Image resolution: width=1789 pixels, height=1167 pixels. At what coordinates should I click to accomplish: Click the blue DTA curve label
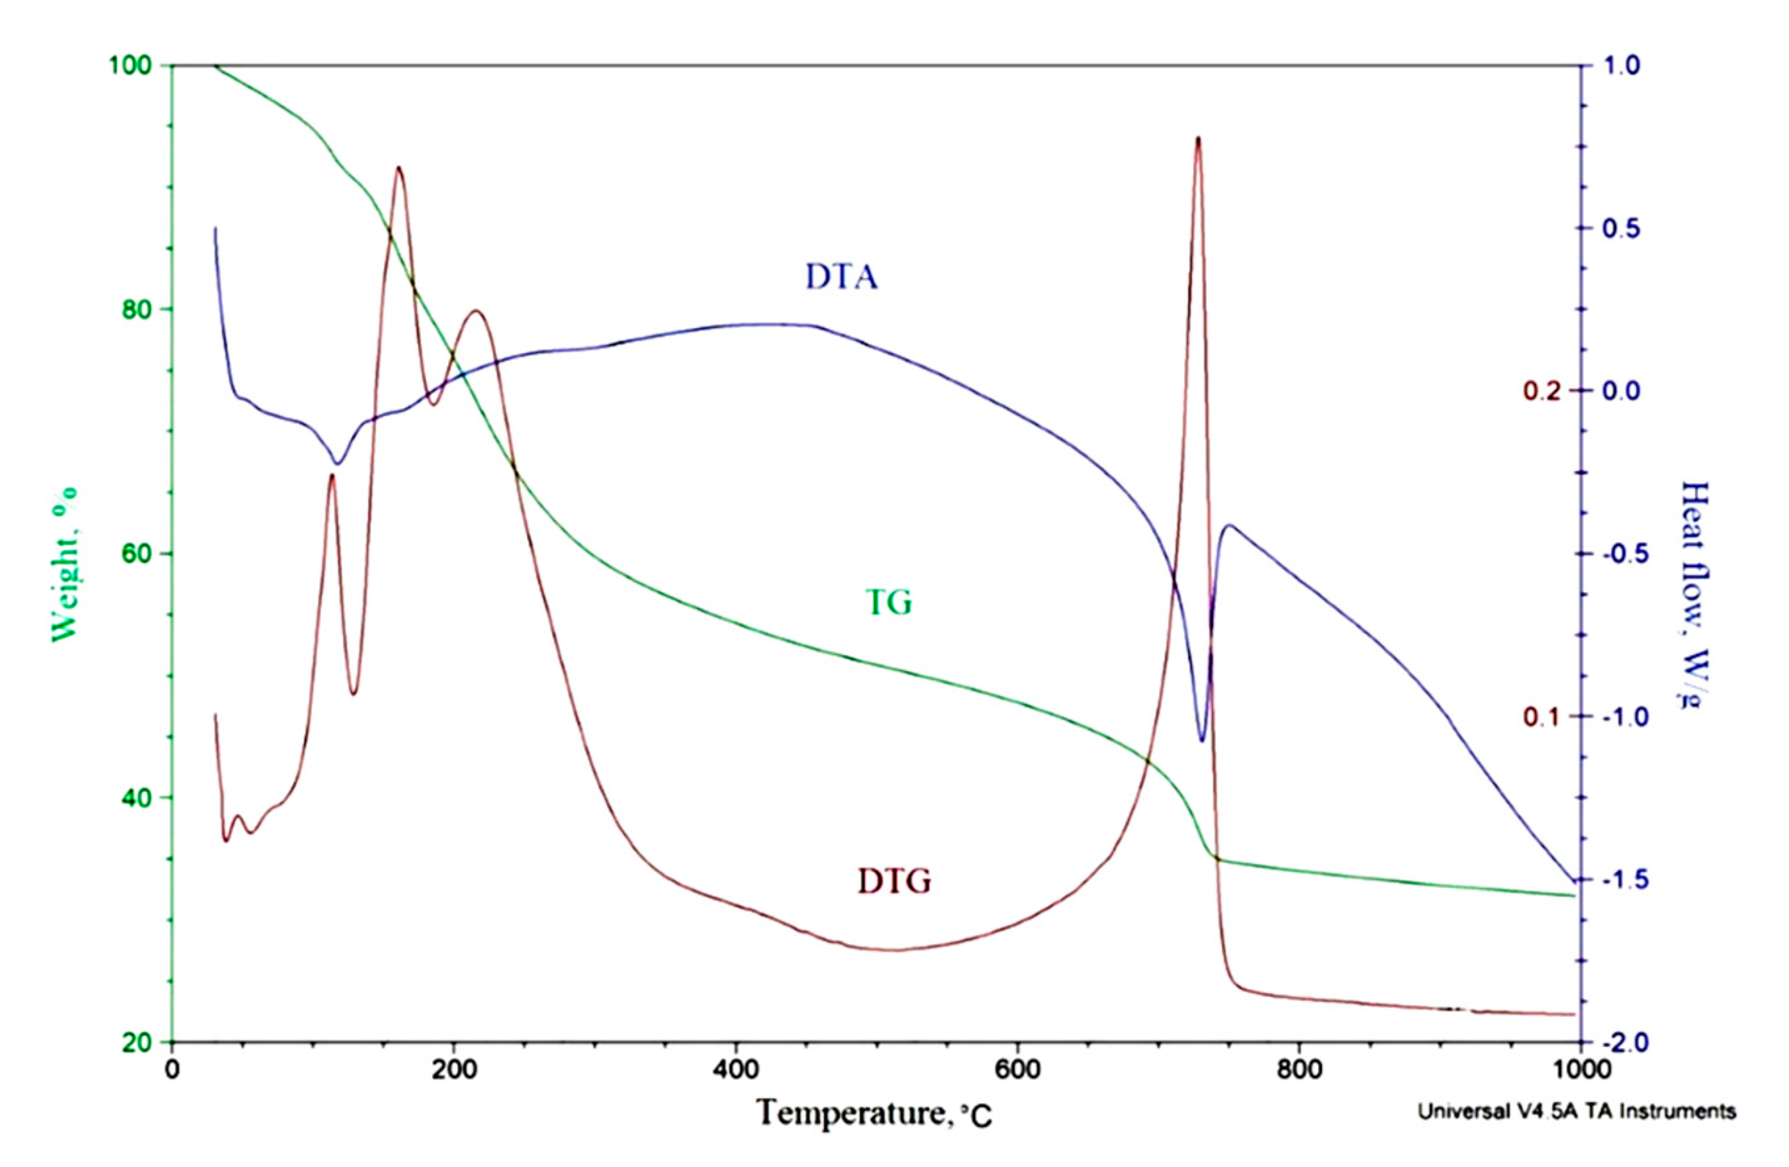click(841, 277)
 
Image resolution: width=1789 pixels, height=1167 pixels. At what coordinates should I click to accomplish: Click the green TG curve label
click(889, 603)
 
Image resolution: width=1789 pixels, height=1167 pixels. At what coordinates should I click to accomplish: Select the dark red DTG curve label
click(895, 881)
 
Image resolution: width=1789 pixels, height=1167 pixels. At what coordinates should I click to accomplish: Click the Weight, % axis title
click(66, 564)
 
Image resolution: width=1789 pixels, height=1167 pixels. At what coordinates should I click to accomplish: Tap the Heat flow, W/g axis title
click(1694, 594)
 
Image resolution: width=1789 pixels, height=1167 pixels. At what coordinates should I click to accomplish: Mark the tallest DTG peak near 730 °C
click(1198, 137)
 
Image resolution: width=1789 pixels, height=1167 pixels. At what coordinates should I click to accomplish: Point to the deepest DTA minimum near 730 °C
click(1202, 741)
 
